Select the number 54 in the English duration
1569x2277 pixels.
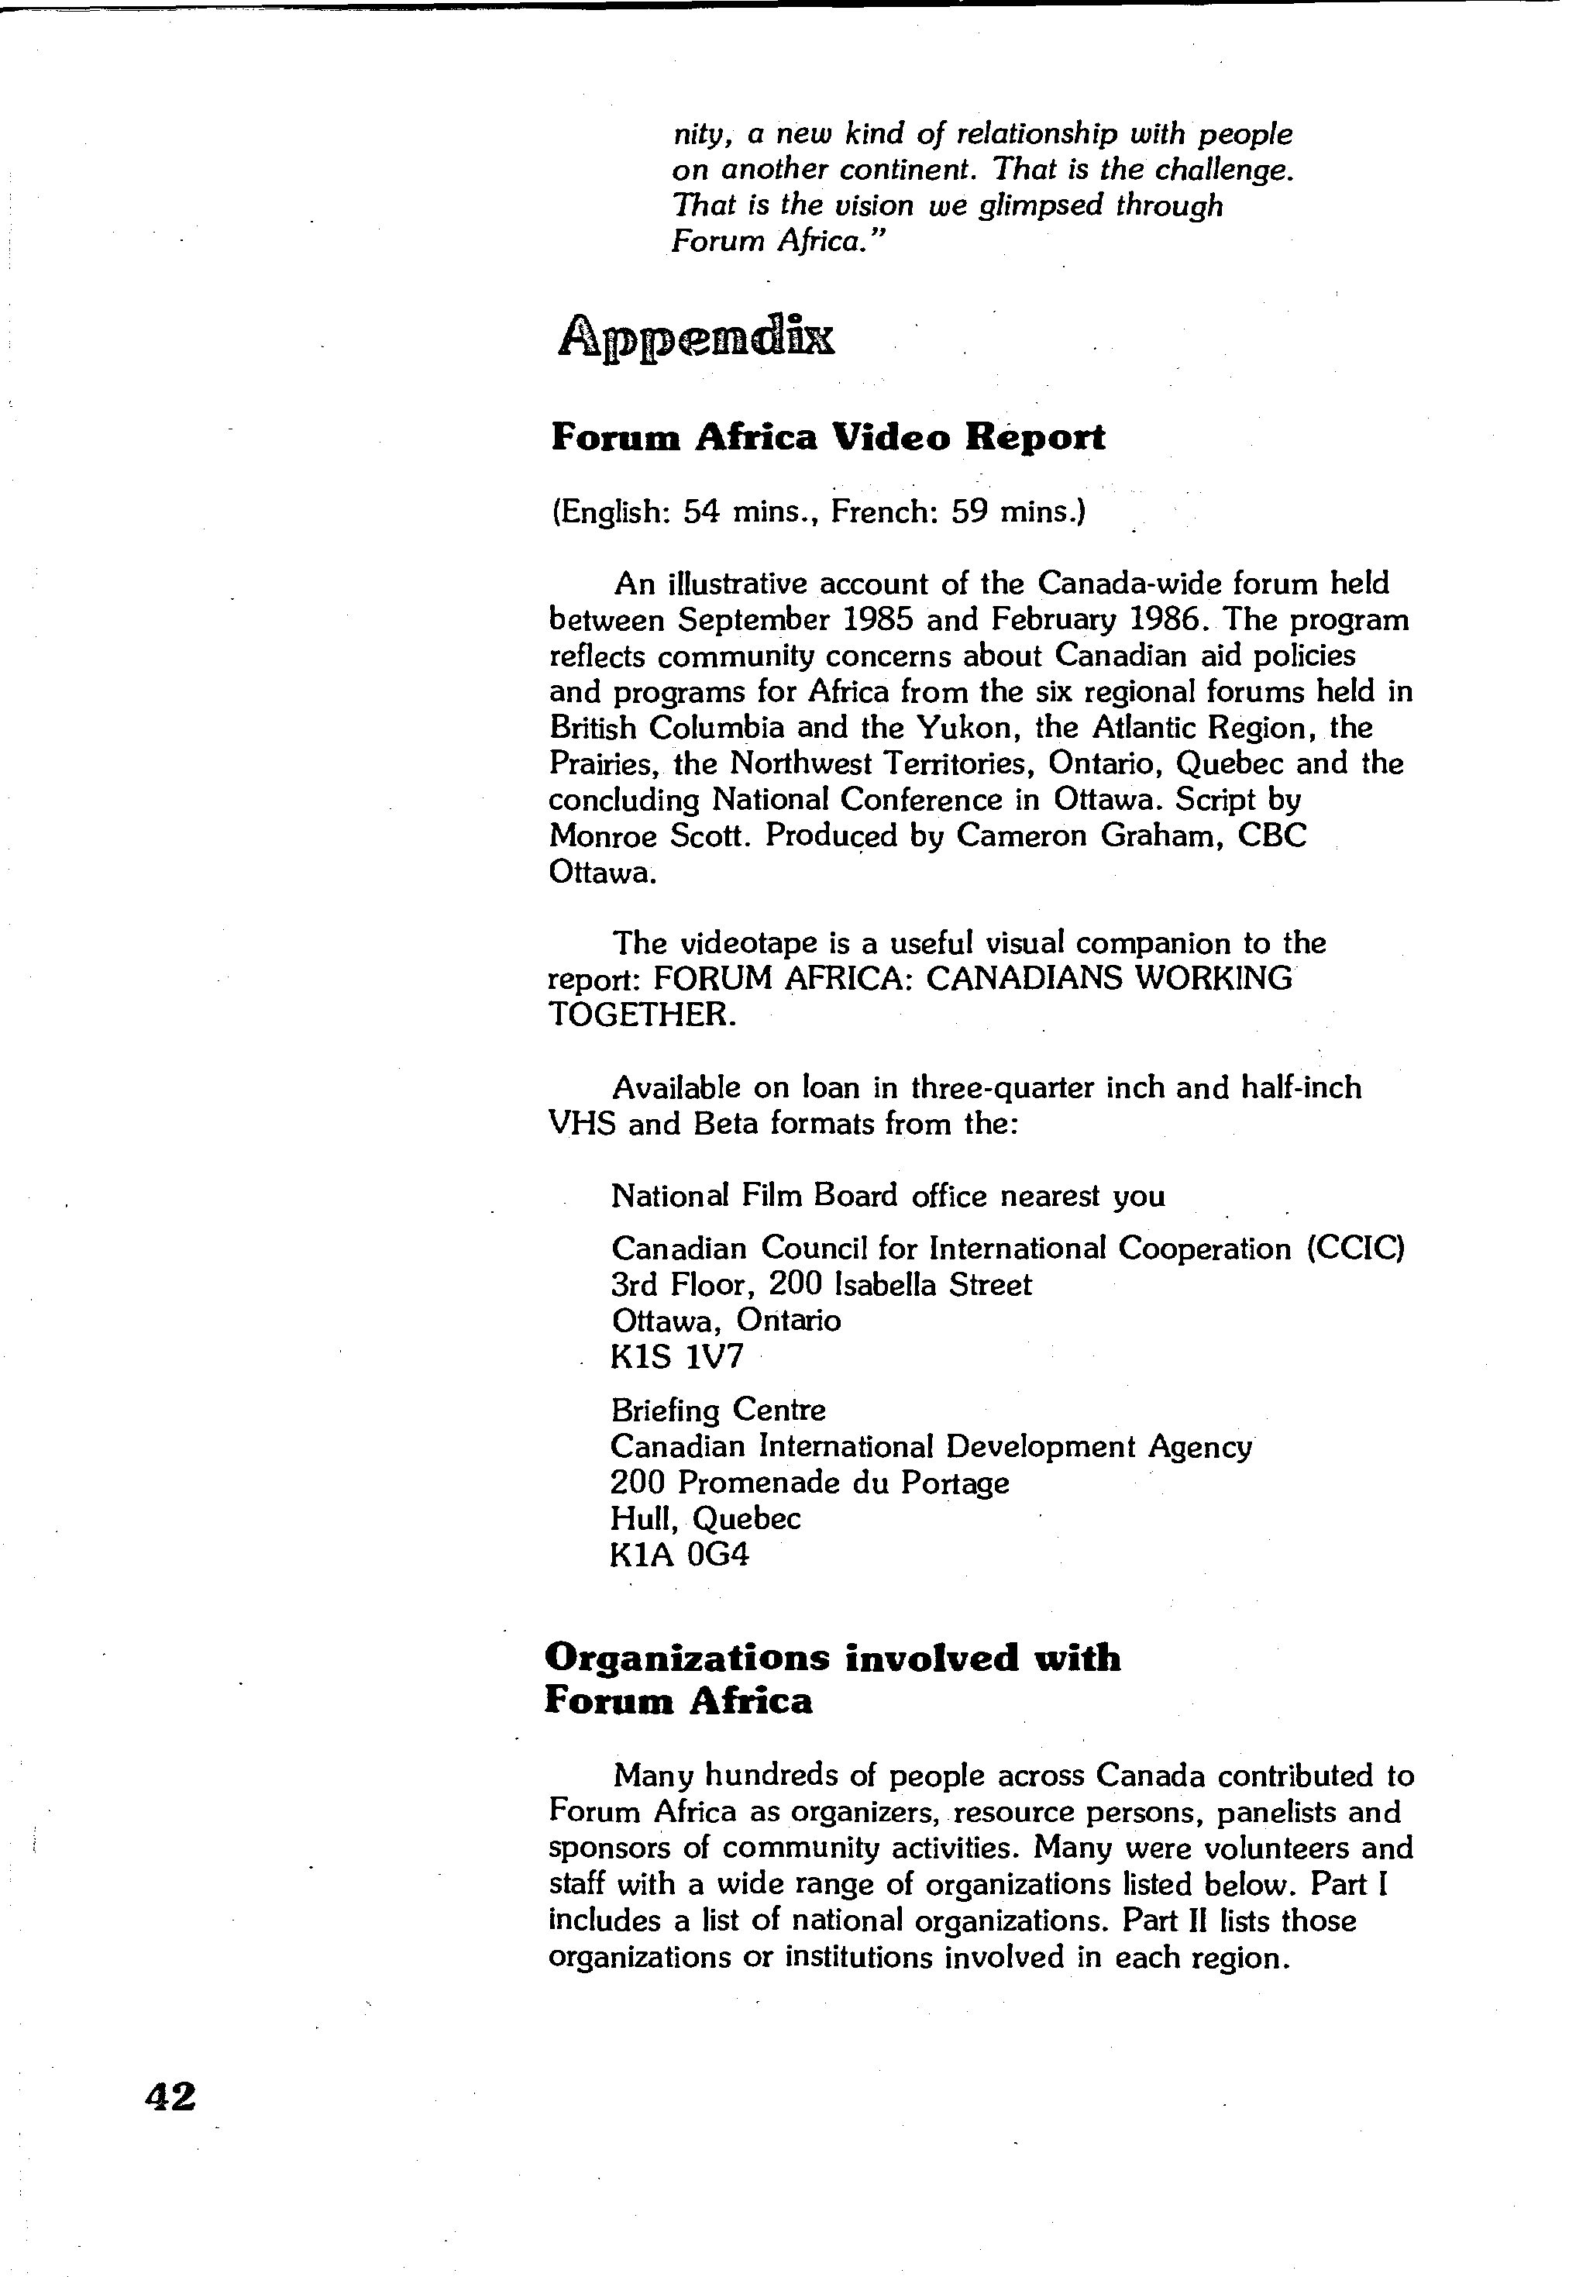tap(703, 512)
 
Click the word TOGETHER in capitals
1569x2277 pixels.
tap(641, 1014)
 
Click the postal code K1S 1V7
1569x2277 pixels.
tap(677, 1357)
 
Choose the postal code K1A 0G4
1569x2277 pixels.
tap(680, 1555)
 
